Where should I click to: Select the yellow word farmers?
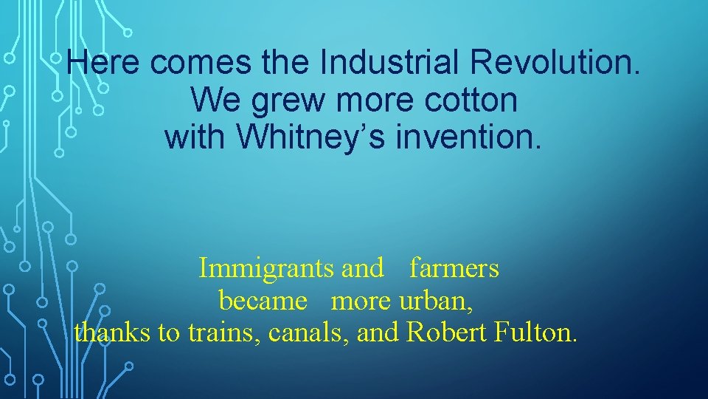point(454,267)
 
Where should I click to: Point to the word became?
point(263,301)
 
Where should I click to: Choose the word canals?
point(309,332)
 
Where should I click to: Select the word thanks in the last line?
point(113,332)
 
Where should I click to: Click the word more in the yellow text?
point(362,301)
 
